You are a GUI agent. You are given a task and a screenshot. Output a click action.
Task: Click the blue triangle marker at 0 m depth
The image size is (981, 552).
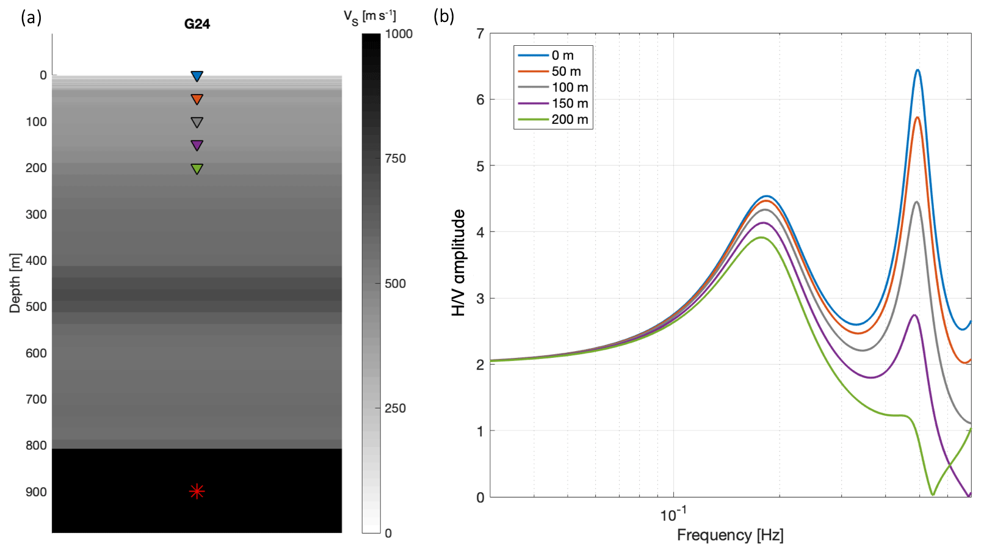(197, 76)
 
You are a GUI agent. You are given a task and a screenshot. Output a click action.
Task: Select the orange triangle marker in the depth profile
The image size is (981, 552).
(197, 99)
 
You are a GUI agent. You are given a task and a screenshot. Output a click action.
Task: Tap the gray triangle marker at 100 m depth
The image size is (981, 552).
(197, 122)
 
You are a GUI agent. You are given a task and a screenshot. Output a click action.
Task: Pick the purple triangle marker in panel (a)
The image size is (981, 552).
(197, 145)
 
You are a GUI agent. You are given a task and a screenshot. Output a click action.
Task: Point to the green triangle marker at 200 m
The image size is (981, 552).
(197, 169)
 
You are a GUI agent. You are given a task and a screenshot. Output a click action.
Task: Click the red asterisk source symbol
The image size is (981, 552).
(197, 491)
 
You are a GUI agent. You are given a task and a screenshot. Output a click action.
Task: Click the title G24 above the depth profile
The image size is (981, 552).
(197, 24)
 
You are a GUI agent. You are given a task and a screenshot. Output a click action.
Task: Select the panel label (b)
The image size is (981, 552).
(444, 16)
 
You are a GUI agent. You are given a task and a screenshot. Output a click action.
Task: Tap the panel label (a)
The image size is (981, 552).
(31, 18)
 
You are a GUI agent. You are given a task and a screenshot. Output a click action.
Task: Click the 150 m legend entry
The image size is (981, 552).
(570, 103)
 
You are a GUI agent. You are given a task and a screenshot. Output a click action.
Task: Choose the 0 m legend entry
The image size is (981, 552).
(562, 56)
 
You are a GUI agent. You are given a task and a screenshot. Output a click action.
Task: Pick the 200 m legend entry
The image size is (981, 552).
(570, 120)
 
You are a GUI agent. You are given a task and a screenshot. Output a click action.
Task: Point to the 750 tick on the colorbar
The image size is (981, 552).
(395, 159)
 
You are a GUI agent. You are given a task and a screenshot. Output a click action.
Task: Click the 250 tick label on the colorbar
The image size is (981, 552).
(395, 409)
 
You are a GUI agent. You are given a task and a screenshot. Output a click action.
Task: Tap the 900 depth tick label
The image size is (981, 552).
(36, 492)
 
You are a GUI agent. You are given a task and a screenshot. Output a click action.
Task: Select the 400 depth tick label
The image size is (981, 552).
(36, 261)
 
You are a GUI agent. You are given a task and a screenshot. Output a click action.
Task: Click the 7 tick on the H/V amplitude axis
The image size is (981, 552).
(480, 34)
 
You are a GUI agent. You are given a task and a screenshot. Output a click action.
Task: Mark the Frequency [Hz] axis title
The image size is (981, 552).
(730, 536)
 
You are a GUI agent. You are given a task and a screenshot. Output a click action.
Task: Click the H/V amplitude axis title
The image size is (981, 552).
(458, 263)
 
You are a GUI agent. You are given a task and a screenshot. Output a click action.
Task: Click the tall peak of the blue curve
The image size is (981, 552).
(917, 71)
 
